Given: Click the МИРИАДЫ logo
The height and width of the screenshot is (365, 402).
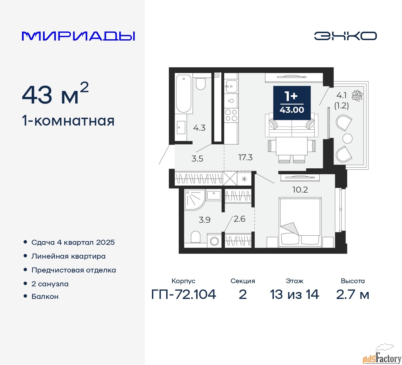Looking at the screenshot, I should [x=79, y=36].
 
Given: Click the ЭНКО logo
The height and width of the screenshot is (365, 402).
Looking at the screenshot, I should [x=345, y=36].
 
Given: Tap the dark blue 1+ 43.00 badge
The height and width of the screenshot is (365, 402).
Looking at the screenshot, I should [x=292, y=103].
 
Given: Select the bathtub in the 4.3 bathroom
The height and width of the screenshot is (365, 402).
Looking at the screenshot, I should [x=184, y=93].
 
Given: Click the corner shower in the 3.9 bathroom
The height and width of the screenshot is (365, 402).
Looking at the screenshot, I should [x=194, y=199].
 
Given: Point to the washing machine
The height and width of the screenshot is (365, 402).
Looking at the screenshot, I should [x=215, y=241].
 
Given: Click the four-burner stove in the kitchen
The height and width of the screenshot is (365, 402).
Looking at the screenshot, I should [x=231, y=115].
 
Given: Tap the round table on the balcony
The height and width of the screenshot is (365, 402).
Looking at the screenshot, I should [x=347, y=138].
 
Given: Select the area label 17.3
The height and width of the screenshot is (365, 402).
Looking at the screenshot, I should [x=245, y=157].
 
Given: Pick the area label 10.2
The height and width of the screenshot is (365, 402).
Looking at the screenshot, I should [x=300, y=190].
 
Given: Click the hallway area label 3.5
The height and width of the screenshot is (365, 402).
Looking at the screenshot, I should [x=197, y=159].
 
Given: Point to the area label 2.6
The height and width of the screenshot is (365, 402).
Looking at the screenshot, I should [x=239, y=219].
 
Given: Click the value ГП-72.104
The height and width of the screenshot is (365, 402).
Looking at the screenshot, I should [x=184, y=295].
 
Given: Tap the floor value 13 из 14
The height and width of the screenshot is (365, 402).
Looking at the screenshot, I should [x=294, y=295].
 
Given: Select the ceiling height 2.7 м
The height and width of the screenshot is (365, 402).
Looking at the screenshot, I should [x=352, y=295].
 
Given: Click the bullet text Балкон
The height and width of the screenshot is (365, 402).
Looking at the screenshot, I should [x=45, y=296].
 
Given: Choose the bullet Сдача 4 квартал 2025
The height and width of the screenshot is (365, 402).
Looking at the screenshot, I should [x=73, y=242].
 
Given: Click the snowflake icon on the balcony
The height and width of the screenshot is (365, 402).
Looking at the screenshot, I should [x=357, y=96].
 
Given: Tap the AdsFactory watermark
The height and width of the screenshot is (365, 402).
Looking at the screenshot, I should [x=382, y=356].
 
